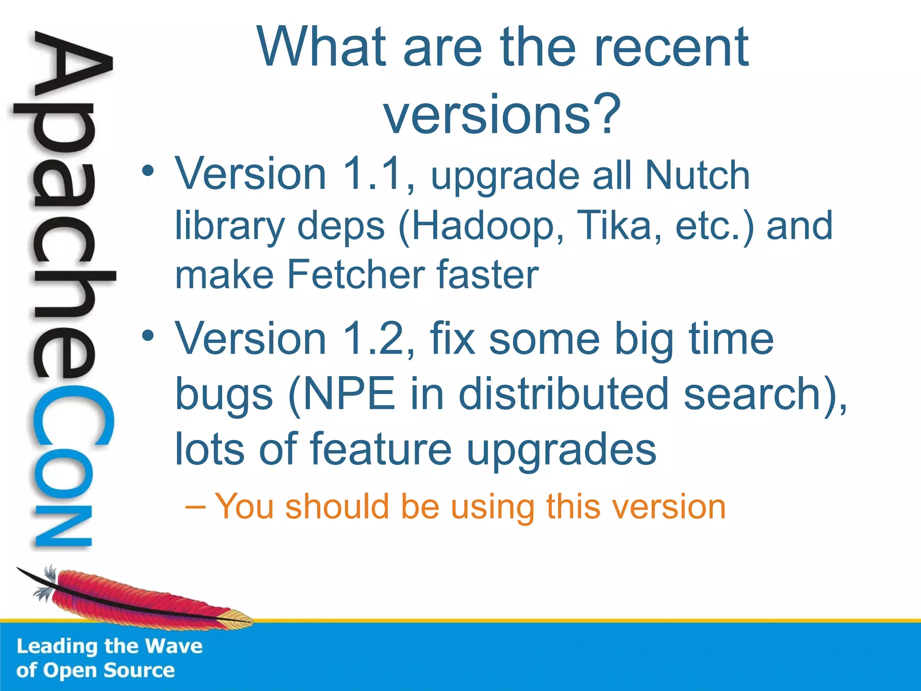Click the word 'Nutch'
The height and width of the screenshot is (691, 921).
(697, 175)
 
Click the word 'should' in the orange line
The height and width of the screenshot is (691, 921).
(337, 507)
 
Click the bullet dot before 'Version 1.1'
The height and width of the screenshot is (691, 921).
(148, 171)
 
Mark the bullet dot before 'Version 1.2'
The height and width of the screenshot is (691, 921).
(148, 336)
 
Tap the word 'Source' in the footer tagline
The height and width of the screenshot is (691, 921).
(139, 670)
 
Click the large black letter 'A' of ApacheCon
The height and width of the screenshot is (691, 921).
(72, 67)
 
